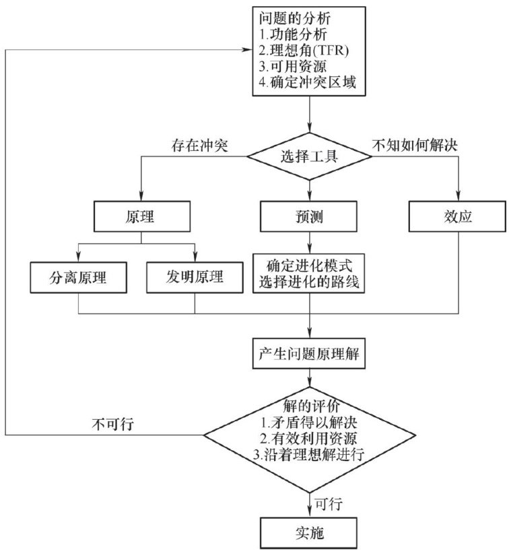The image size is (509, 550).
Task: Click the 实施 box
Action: (310, 532)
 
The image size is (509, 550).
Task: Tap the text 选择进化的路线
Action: (310, 284)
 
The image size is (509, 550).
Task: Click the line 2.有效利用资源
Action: (309, 438)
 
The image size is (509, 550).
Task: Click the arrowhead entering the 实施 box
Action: (310, 514)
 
